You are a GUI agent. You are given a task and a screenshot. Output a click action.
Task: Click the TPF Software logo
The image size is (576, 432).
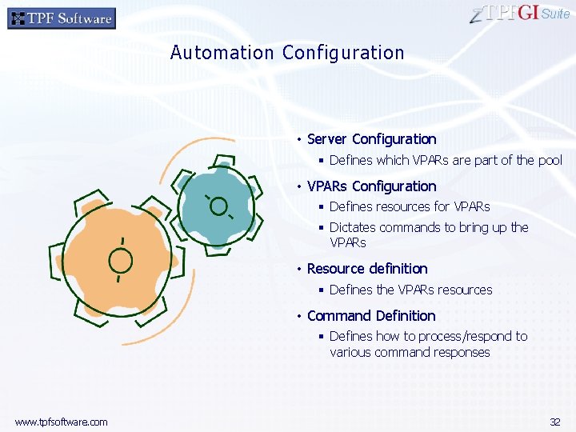click(62, 18)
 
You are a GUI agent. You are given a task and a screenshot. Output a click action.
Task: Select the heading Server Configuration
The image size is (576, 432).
click(371, 139)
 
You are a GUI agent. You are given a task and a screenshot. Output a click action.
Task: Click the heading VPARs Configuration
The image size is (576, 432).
click(371, 186)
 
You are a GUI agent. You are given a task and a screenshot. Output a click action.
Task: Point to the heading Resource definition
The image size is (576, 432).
click(367, 269)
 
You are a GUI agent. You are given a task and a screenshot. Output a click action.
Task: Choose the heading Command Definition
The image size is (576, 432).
click(371, 316)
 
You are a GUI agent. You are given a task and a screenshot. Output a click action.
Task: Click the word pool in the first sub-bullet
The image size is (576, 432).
click(550, 160)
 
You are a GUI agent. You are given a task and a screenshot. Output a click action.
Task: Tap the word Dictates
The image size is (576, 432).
click(353, 227)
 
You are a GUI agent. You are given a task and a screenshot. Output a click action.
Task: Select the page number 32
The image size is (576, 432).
click(555, 422)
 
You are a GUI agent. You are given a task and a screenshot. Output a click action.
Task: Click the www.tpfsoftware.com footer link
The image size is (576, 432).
click(61, 422)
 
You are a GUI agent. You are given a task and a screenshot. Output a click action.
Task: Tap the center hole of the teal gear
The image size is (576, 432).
click(218, 206)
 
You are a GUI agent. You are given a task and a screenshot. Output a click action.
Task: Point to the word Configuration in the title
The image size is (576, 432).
click(343, 53)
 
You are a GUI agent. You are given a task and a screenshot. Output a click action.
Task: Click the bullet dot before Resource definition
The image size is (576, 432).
click(298, 270)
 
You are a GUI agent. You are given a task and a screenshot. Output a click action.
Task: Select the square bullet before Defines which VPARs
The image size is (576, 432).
click(320, 161)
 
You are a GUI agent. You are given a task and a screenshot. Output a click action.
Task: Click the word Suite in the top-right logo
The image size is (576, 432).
click(556, 14)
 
